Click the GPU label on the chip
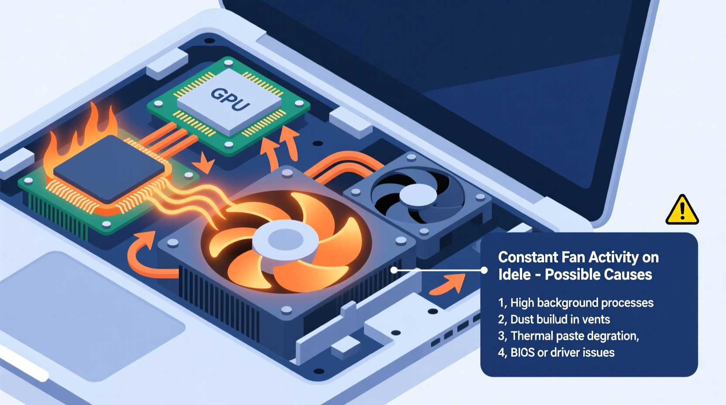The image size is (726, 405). (x=230, y=100)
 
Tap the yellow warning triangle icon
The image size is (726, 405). (x=682, y=210)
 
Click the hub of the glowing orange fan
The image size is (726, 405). (x=285, y=240)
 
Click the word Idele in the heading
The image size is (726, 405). (x=514, y=275)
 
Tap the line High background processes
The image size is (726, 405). (x=575, y=302)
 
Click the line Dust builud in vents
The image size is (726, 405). (x=554, y=319)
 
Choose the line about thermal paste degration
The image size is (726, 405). (x=568, y=336)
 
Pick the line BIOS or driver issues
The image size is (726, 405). (x=556, y=352)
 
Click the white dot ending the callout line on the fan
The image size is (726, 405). (x=394, y=270)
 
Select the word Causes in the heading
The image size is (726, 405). (x=632, y=275)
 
